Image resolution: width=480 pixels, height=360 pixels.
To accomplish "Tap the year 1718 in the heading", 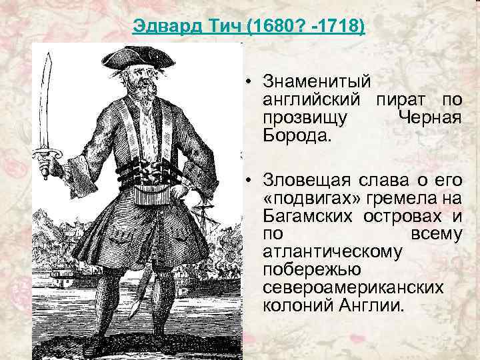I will point(341,27).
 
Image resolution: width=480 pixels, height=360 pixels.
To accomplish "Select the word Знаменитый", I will point(316,83).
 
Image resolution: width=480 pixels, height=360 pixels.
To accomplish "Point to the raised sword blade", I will point(45,100).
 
